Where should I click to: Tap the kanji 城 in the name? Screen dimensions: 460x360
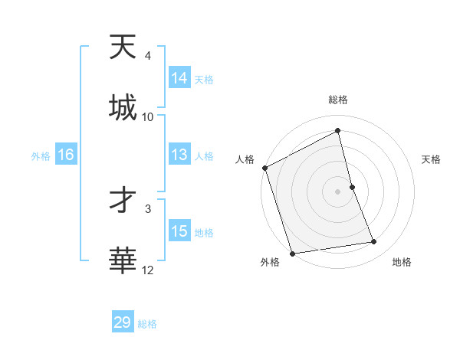123,108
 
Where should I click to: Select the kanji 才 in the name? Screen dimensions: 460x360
123,201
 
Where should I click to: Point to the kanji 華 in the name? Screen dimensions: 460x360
123,261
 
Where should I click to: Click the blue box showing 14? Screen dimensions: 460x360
179,78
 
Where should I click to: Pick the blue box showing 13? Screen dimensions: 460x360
179,155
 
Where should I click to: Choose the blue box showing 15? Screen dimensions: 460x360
179,231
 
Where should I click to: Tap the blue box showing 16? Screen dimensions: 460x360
65,155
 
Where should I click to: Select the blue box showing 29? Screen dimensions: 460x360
123,322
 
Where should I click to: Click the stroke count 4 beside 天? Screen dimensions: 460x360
147,56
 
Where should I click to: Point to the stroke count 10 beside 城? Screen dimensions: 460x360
148,116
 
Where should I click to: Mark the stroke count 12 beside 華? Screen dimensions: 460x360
148,270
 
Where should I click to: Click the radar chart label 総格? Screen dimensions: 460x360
338,100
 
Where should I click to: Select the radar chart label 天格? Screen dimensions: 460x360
432,159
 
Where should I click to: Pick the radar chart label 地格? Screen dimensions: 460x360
402,262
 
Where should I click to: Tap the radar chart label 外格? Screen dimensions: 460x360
270,262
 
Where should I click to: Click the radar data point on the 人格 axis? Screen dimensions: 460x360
264,168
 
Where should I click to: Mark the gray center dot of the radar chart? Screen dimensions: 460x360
338,191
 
